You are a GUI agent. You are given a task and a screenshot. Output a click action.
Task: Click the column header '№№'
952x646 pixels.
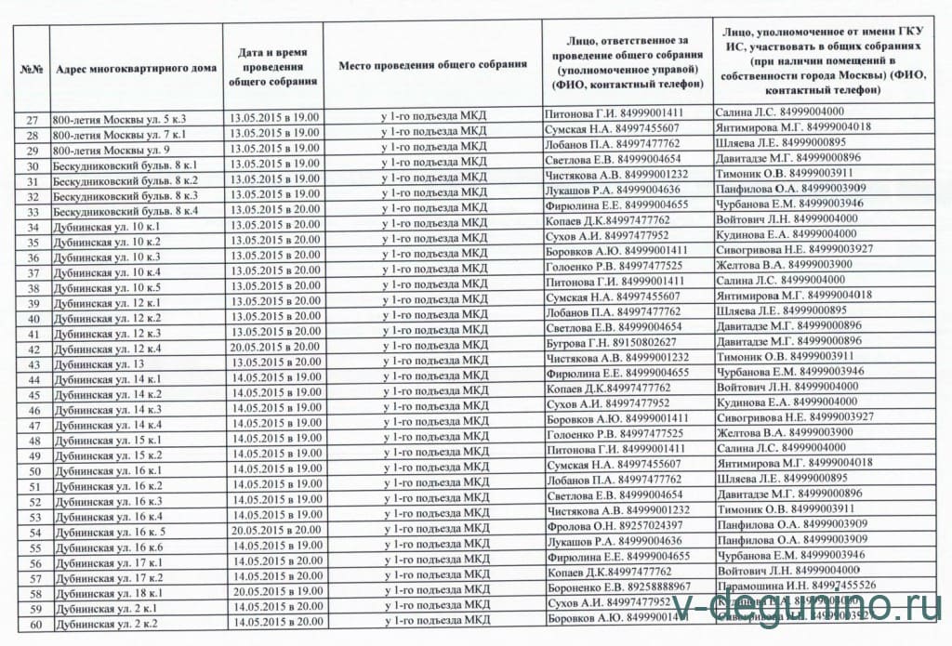point(33,68)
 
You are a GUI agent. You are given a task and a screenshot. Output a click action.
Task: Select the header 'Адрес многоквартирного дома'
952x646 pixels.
point(136,68)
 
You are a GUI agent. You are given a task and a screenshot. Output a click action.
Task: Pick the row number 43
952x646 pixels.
point(33,365)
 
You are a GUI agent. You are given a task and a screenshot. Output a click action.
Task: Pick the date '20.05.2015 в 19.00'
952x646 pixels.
point(275,591)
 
